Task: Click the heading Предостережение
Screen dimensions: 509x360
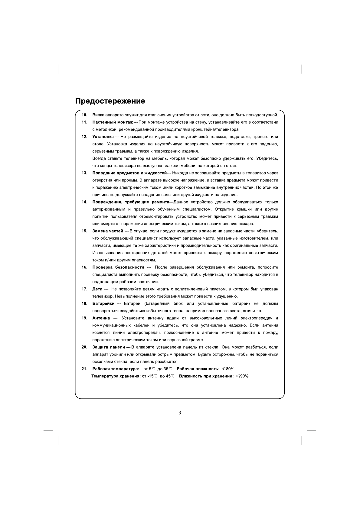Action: (110, 101)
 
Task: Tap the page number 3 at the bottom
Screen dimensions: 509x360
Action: (180, 413)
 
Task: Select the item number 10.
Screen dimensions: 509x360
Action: (84, 115)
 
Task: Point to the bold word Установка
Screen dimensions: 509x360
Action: (103, 137)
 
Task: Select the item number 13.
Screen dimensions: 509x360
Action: (84, 173)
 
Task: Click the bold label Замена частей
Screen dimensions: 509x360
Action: (108, 231)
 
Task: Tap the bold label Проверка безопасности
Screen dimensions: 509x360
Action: (118, 267)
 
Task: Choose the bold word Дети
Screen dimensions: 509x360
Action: (97, 289)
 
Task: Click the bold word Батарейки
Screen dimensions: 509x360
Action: (103, 303)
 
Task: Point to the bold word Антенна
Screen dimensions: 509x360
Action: (101, 318)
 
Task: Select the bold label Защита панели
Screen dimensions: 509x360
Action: (109, 347)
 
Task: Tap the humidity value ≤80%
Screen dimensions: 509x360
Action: (228, 369)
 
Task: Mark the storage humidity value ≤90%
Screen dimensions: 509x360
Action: (242, 376)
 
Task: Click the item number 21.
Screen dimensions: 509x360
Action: (84, 369)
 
